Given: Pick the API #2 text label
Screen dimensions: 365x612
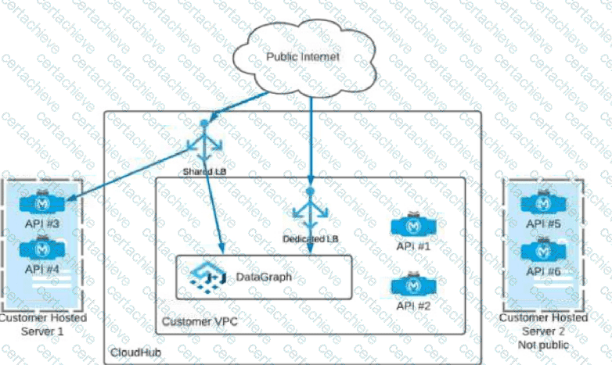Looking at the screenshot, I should click(x=412, y=306).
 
